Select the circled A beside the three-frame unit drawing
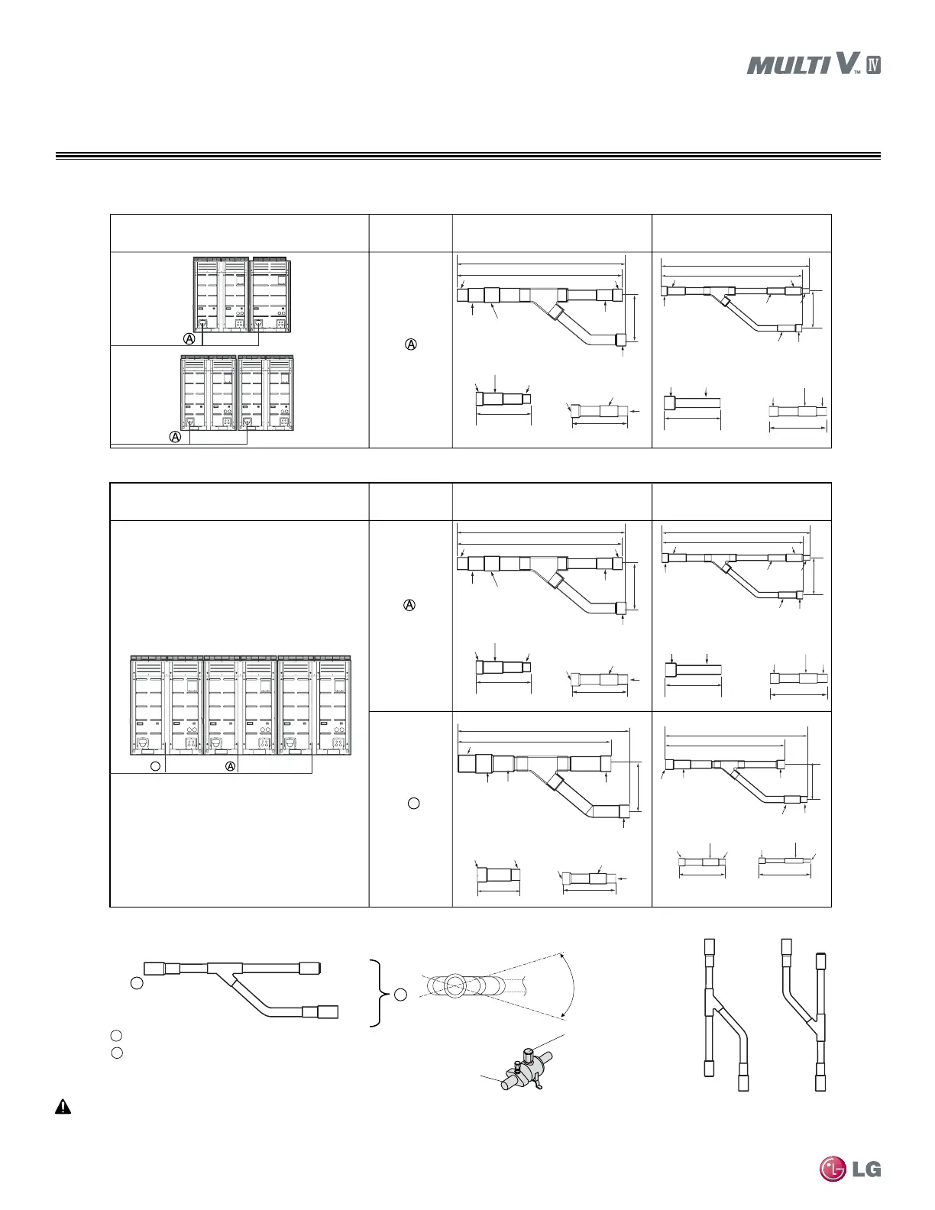click(189, 338)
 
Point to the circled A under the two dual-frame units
click(175, 437)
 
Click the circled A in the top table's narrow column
click(410, 345)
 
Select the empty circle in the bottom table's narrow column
click(413, 803)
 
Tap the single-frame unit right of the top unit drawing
click(271, 294)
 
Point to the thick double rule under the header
click(467, 157)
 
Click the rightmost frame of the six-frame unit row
click(334, 703)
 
